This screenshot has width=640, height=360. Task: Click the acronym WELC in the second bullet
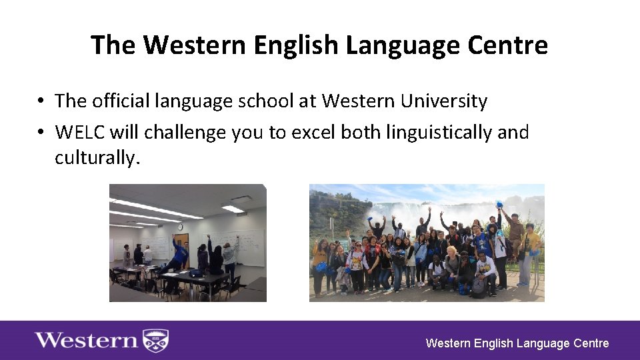click(x=81, y=132)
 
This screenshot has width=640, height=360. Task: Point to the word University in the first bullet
click(x=444, y=101)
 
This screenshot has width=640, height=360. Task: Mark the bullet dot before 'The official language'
click(x=41, y=101)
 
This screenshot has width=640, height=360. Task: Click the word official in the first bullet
click(x=117, y=101)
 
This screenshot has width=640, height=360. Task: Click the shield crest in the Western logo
click(x=156, y=341)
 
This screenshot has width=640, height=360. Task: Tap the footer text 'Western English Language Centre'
click(x=517, y=343)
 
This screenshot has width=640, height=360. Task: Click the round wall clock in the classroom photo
click(x=180, y=227)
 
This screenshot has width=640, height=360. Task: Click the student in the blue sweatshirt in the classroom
click(x=179, y=257)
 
